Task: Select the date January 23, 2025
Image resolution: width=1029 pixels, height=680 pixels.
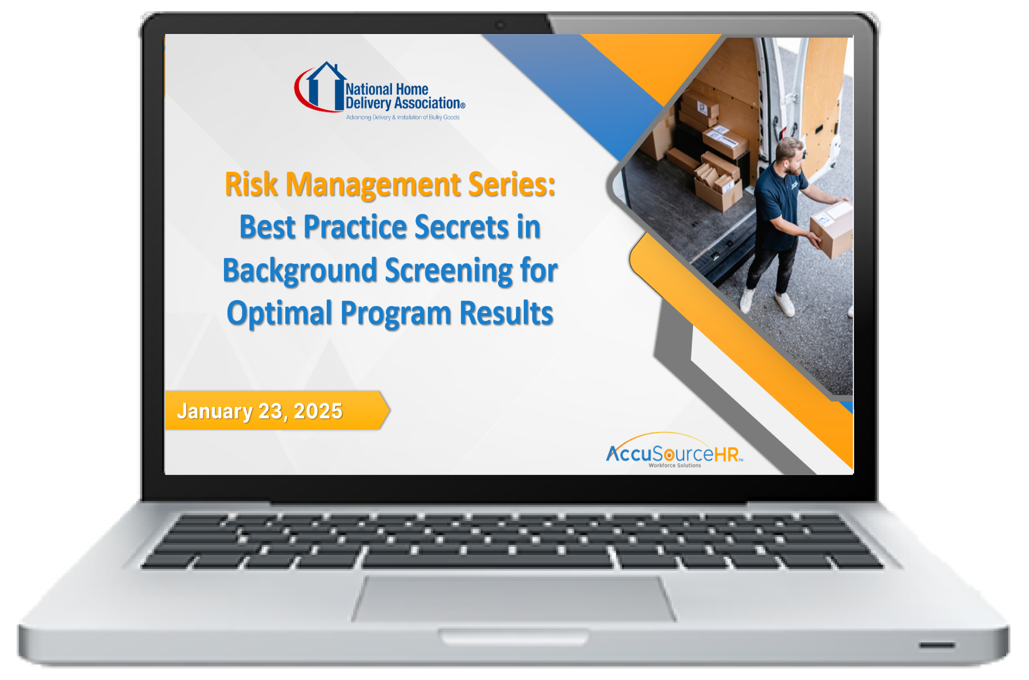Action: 260,411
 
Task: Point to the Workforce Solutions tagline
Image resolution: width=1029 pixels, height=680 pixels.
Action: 675,465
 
